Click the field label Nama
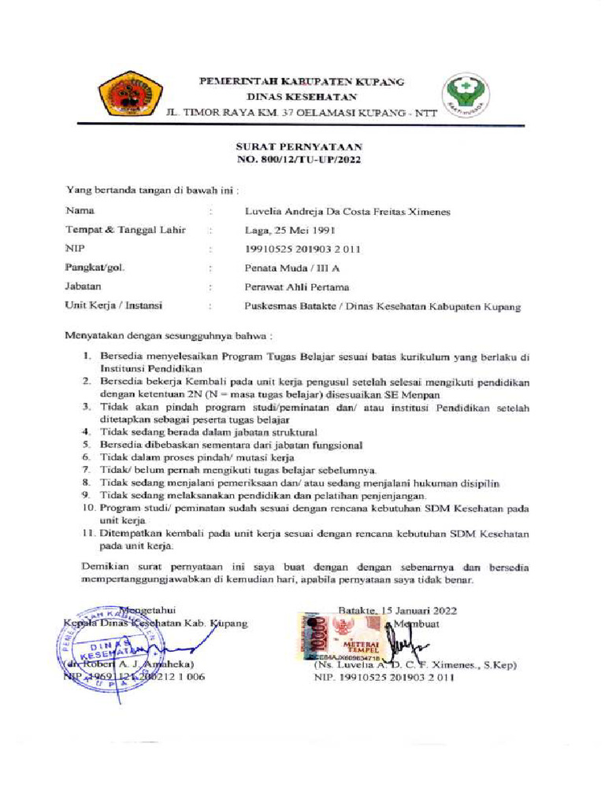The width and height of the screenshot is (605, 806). point(80,211)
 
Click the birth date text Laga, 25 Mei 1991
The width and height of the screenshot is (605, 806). point(290,231)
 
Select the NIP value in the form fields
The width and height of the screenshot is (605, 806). point(302,250)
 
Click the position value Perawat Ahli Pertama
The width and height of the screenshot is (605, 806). point(296,287)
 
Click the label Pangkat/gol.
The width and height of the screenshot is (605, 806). point(95,268)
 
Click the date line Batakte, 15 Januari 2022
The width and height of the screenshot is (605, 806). point(397,610)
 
